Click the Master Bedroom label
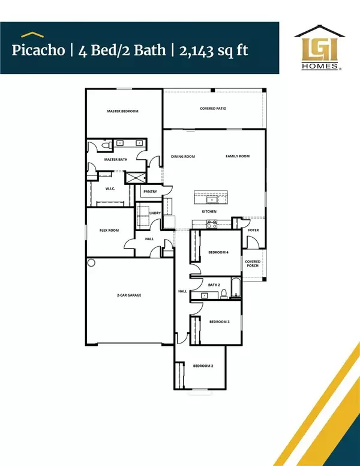(x=123, y=111)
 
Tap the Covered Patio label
(x=213, y=109)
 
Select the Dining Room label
(x=183, y=156)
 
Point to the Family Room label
(x=238, y=156)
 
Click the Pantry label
(x=150, y=192)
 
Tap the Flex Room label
(x=109, y=230)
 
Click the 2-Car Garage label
(x=128, y=295)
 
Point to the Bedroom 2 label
(x=203, y=366)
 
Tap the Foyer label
(x=253, y=229)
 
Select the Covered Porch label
(x=253, y=264)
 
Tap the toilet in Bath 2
(x=224, y=294)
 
